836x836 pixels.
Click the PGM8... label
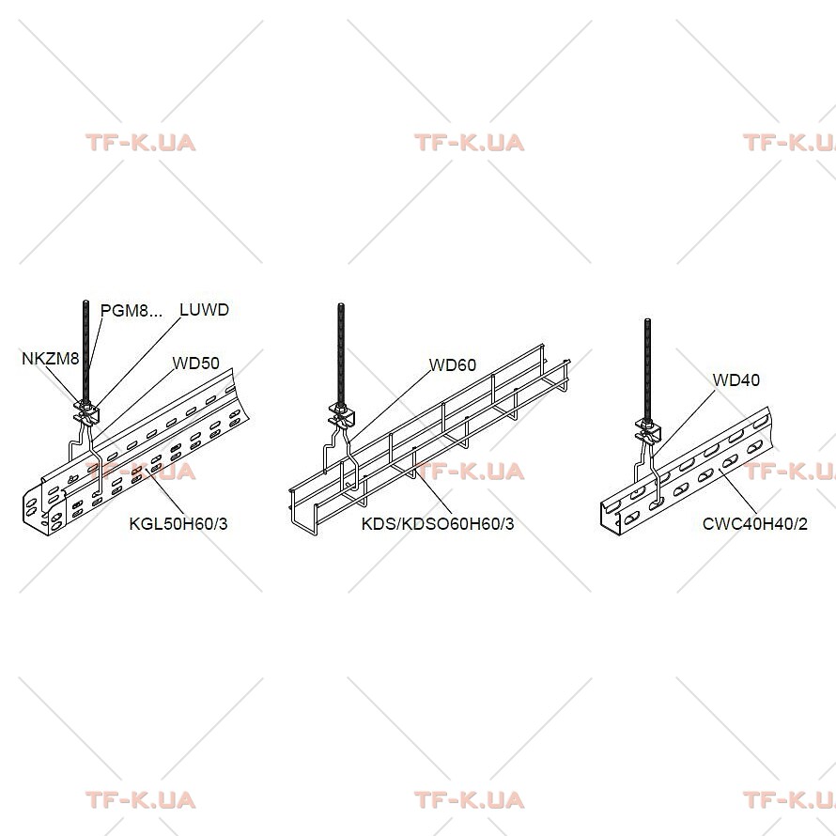point(132,310)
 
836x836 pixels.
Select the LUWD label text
point(204,310)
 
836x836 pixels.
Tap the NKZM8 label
point(50,358)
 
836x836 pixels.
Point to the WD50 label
point(195,364)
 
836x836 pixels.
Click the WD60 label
point(452,365)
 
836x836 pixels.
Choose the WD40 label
point(735,380)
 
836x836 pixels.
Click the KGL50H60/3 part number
point(178,523)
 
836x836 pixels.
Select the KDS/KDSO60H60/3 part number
point(438,523)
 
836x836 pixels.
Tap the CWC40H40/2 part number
point(754,523)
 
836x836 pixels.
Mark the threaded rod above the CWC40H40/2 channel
point(648,369)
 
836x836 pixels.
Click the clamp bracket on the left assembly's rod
point(86,412)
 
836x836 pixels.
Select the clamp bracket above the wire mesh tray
point(341,415)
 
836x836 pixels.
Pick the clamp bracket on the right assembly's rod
point(648,430)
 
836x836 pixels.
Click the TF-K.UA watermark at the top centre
point(469,143)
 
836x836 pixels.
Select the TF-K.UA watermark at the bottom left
point(141,800)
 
